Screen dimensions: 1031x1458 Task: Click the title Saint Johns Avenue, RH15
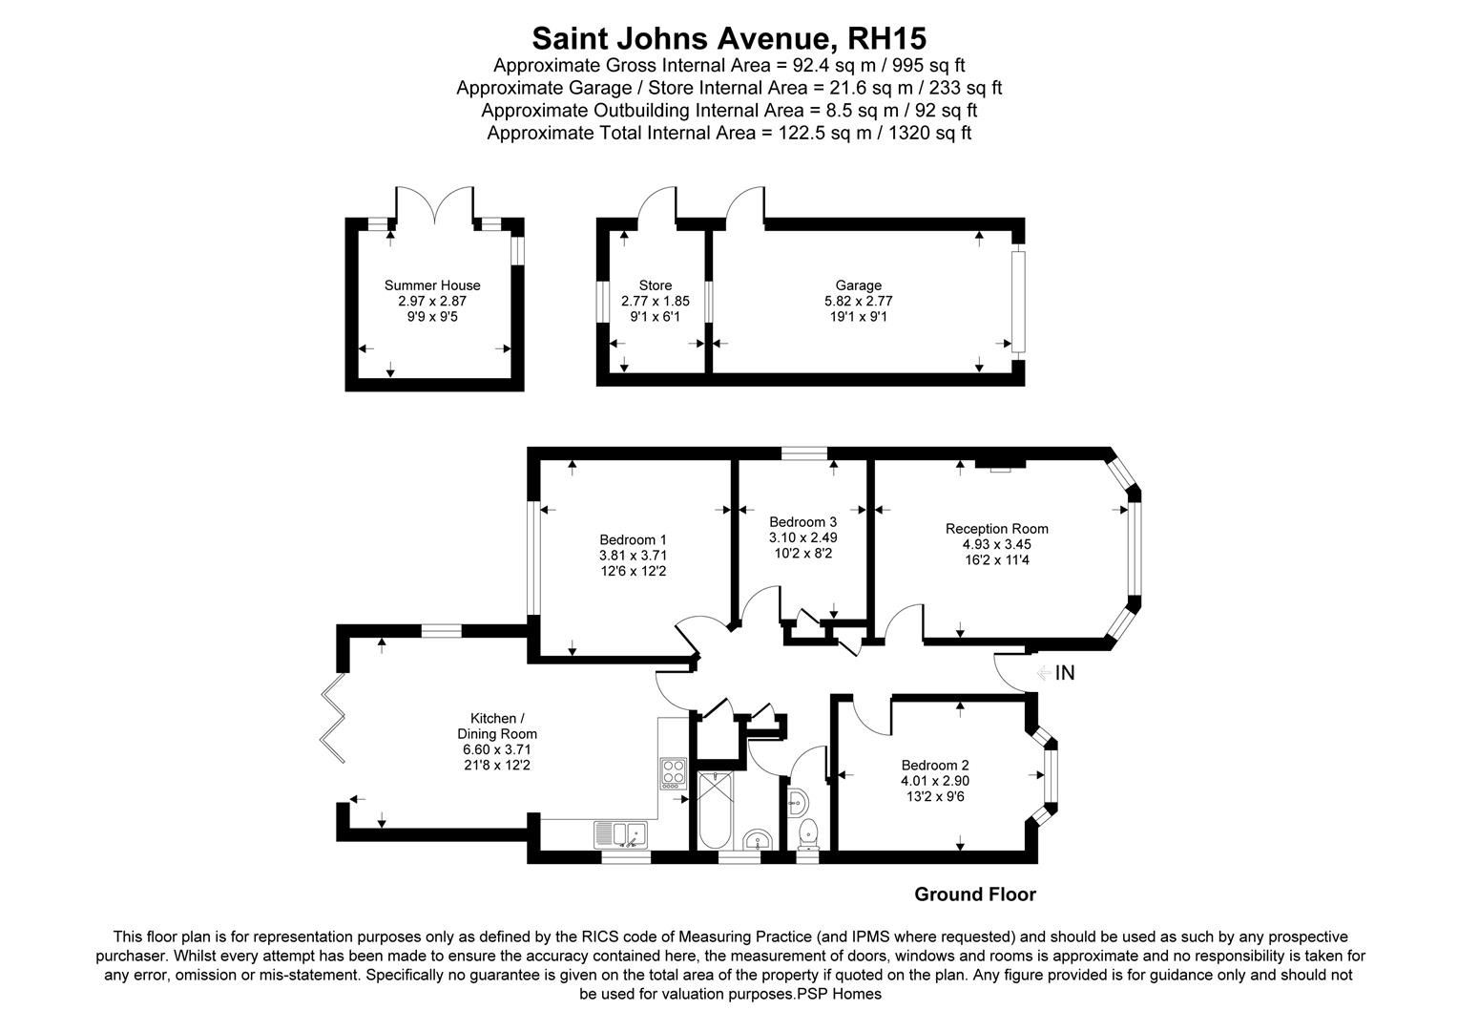729,38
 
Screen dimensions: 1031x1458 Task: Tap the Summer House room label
432,285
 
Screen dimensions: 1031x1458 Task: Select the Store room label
655,285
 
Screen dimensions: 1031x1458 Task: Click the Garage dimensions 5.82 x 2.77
858,301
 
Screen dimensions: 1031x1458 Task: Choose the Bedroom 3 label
802,522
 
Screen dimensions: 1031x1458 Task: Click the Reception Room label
996,529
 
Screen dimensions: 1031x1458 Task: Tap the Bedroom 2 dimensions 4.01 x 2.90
935,781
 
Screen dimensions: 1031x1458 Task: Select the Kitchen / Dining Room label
497,726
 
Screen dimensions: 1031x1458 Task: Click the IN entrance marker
1064,673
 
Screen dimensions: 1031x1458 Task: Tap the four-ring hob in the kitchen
673,771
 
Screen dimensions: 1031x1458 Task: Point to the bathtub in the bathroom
715,810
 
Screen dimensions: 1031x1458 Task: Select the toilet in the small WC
808,831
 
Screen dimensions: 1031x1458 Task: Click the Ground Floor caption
974,894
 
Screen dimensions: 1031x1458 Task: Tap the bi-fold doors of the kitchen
333,719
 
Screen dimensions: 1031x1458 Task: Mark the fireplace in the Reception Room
999,465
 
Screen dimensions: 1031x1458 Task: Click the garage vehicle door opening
1018,301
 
